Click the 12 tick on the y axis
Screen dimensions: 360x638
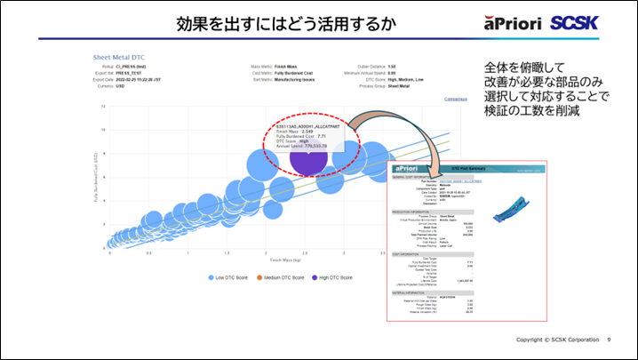(104, 107)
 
